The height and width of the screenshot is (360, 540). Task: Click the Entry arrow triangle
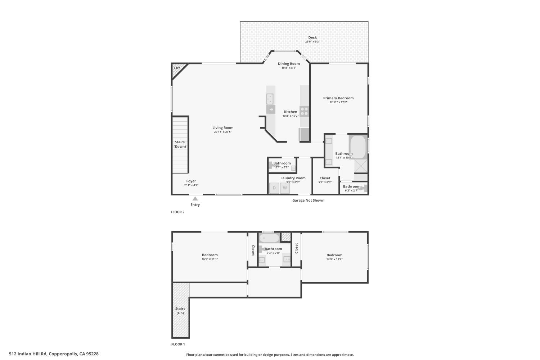pos(195,198)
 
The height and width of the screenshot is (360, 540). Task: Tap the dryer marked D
pos(274,188)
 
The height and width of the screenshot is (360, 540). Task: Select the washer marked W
pos(285,188)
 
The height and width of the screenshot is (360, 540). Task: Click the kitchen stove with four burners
pos(304,111)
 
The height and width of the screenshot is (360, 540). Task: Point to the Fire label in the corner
pos(177,68)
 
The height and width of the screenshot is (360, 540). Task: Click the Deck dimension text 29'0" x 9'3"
pos(312,41)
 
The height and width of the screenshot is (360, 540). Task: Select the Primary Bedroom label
pos(338,98)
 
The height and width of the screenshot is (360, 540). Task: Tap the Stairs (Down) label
pos(180,144)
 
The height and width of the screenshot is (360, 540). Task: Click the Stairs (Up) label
pos(180,311)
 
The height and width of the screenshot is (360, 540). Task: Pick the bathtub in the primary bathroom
pos(358,147)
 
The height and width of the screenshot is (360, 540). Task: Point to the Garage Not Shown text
pos(308,200)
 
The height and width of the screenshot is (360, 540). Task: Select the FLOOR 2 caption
pos(178,212)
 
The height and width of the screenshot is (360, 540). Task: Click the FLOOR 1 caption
pos(178,344)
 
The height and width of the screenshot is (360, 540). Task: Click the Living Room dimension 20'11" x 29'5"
pos(223,132)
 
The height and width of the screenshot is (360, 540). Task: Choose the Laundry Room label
pos(293,178)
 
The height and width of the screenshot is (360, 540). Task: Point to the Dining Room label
pos(289,64)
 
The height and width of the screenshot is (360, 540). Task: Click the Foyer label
pos(191,181)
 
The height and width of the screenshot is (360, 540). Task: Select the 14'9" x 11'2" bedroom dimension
pos(334,259)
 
